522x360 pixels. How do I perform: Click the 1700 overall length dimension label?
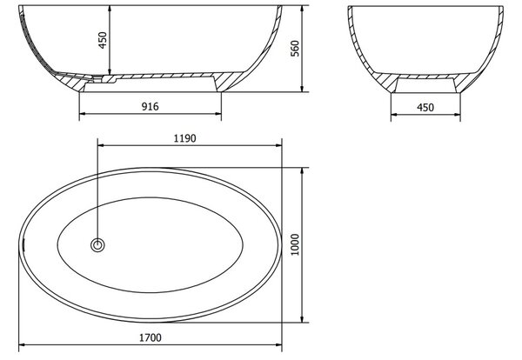(151, 337)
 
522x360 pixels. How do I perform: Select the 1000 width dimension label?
(295, 244)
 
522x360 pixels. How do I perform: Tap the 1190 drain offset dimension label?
(184, 138)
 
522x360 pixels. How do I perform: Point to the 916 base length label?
(151, 106)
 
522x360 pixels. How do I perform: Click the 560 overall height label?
(295, 49)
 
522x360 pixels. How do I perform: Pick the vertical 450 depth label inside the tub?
(103, 40)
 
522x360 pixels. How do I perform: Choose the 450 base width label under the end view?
(425, 108)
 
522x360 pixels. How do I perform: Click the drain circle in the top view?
(97, 245)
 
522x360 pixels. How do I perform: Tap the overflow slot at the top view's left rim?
(23, 245)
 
